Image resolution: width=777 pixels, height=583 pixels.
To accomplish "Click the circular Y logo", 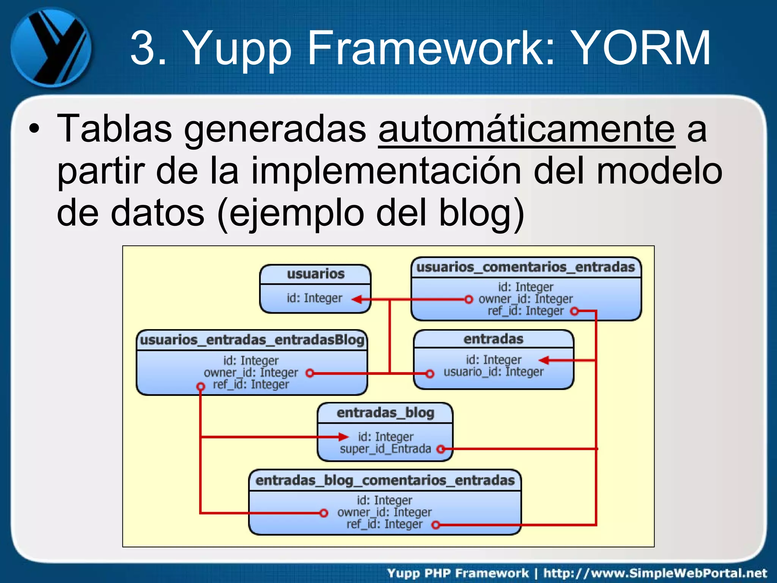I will click(x=50, y=47).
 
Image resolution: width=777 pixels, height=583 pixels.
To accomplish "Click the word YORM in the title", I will click(x=641, y=48).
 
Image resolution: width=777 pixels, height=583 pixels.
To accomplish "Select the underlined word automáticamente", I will click(x=526, y=129).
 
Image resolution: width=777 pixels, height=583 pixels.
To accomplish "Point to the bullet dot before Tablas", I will click(x=34, y=129).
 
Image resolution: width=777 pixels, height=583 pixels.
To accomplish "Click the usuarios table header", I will click(x=315, y=274).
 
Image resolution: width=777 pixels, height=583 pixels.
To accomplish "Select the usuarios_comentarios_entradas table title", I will click(x=526, y=267).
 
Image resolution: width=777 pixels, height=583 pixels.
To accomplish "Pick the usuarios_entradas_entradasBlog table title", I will click(x=252, y=340).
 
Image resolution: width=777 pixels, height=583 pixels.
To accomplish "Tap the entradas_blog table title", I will click(x=385, y=413).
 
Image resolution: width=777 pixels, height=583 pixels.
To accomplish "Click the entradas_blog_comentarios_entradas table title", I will click(x=385, y=481).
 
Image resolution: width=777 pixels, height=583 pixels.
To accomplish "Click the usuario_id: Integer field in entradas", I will click(x=494, y=372).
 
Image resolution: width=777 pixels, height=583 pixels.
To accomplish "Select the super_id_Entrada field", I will click(x=385, y=449).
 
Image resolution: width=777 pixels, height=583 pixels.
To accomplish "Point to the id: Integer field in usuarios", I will click(x=315, y=298).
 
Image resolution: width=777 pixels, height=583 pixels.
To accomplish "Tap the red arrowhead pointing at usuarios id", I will click(x=357, y=299).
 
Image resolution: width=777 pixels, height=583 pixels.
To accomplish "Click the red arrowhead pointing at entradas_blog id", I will click(x=343, y=437).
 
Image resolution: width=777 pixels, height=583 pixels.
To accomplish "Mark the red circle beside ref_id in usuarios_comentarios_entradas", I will click(x=575, y=311).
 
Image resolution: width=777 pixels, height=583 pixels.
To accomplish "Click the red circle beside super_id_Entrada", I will click(x=440, y=449).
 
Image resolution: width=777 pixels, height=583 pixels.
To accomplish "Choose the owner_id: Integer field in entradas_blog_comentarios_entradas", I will click(x=384, y=512).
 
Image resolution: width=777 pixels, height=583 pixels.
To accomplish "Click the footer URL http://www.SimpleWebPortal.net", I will click(x=655, y=573).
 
